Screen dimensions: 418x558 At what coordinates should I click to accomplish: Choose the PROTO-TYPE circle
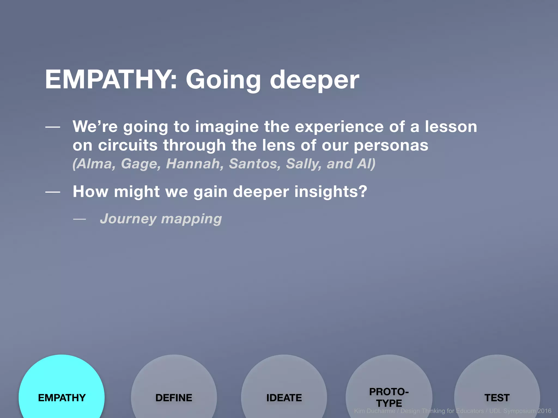pyautogui.click(x=389, y=389)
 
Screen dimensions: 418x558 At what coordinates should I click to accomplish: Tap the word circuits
pyautogui.click(x=128, y=145)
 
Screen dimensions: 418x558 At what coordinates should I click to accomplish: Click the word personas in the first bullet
pyautogui.click(x=391, y=146)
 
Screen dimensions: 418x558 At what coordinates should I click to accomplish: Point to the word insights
pyautogui.click(x=330, y=192)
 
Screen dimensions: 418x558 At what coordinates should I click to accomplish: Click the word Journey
pyautogui.click(x=128, y=219)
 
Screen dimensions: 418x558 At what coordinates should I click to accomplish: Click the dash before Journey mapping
pyautogui.click(x=80, y=219)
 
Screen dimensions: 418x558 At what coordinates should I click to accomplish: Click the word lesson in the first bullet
pyautogui.click(x=451, y=127)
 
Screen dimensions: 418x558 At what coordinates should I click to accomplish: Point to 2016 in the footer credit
pyautogui.click(x=544, y=411)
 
